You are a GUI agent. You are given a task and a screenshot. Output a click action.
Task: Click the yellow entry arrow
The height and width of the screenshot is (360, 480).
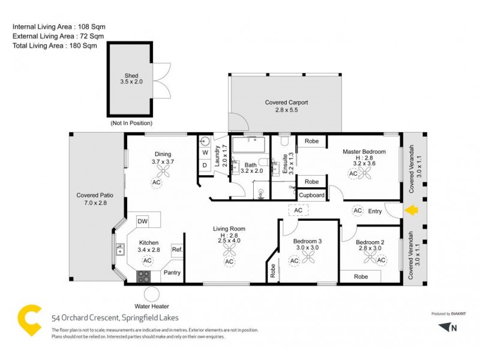click(x=412, y=211)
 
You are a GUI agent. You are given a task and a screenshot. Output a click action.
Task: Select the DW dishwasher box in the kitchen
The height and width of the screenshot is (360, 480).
click(x=143, y=221)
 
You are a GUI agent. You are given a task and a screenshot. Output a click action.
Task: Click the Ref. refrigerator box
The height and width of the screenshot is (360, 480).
click(x=177, y=250)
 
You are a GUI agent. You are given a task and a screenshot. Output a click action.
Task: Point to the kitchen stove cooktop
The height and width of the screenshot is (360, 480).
click(x=144, y=277)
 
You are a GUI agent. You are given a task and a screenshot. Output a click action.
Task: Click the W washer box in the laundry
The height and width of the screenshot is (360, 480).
click(x=204, y=152)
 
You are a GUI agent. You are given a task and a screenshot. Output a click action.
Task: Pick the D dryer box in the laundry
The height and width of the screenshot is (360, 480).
click(x=204, y=165)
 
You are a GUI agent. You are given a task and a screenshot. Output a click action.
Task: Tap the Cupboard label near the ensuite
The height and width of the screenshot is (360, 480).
click(x=312, y=195)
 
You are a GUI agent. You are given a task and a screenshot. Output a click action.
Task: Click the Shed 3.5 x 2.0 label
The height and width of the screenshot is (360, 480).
click(x=131, y=79)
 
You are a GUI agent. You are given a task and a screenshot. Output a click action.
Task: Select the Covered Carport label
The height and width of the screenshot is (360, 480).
click(x=286, y=106)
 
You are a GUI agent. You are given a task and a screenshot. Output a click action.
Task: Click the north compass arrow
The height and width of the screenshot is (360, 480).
click(x=443, y=326)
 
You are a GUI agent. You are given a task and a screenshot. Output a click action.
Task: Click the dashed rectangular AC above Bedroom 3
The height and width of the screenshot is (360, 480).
click(x=298, y=210)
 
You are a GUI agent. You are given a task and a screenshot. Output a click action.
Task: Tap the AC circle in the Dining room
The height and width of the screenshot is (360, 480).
click(x=157, y=182)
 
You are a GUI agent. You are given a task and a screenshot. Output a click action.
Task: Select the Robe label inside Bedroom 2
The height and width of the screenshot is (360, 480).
click(x=361, y=277)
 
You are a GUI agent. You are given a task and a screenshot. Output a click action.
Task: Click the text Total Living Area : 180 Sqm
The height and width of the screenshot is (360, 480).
click(x=55, y=46)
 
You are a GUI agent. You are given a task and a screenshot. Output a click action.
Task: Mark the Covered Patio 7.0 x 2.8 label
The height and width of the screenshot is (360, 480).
click(x=95, y=199)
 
